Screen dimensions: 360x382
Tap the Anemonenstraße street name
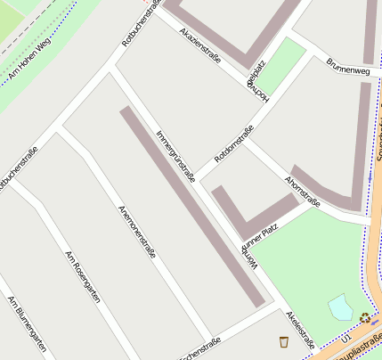[137, 232]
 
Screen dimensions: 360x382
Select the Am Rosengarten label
[82, 277]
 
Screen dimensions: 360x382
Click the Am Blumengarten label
[27, 324]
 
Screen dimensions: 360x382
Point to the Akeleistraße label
[300, 330]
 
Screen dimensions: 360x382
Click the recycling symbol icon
[364, 316]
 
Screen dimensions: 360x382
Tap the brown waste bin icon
[283, 341]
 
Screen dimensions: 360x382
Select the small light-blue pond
[340, 308]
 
